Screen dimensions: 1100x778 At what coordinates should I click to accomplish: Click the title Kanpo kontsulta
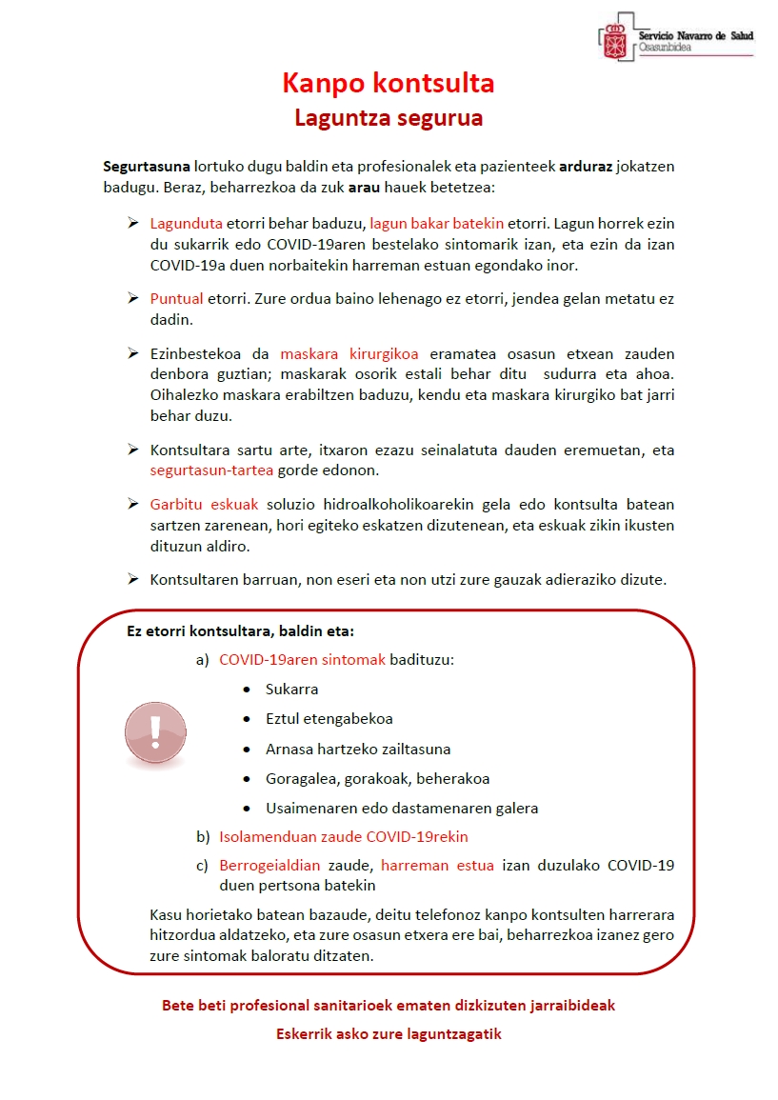[x=389, y=84]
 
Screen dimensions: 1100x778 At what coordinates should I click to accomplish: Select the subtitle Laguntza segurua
[x=389, y=118]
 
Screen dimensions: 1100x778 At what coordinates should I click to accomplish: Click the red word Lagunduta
[x=186, y=223]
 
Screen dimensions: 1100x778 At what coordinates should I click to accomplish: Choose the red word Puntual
[x=177, y=298]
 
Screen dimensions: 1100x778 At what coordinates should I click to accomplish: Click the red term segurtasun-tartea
[x=212, y=470]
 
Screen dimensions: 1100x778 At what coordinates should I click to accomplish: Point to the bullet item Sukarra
[x=291, y=689]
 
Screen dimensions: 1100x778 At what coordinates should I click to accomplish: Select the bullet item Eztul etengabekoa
[x=329, y=718]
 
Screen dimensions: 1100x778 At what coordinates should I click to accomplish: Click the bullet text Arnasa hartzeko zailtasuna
[x=358, y=749]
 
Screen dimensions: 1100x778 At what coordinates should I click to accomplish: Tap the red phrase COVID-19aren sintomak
[x=302, y=659]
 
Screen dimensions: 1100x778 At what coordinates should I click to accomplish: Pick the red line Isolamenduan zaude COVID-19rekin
[x=344, y=836]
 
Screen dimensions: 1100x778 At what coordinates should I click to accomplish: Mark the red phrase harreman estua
[x=437, y=865]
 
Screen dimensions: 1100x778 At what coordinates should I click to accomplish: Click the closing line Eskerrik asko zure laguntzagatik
[x=389, y=1033]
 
